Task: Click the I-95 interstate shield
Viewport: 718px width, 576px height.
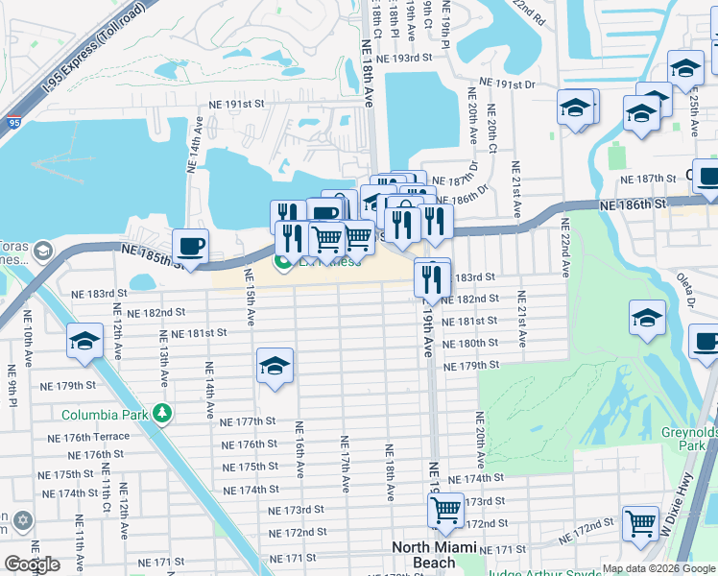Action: pyautogui.click(x=12, y=122)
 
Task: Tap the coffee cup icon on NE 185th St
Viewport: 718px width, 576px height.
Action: pyautogui.click(x=190, y=246)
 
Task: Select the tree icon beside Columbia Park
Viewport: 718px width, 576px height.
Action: pyautogui.click(x=163, y=414)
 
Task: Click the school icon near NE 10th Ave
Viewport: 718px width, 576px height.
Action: pyautogui.click(x=84, y=341)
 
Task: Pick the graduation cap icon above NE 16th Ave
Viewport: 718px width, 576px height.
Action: pyautogui.click(x=275, y=366)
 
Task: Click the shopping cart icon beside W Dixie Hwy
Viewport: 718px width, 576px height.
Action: pyautogui.click(x=640, y=523)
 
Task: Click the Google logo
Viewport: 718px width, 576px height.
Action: pyautogui.click(x=32, y=564)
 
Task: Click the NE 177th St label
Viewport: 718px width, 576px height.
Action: pyautogui.click(x=248, y=421)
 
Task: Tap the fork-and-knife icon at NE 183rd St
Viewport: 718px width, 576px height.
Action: pyautogui.click(x=431, y=277)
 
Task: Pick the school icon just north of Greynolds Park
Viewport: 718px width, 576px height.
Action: pyautogui.click(x=647, y=318)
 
